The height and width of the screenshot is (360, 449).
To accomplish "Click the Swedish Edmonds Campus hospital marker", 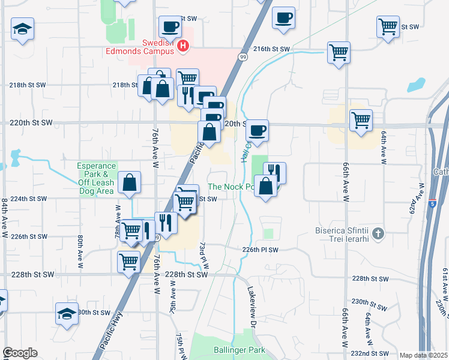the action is tap(185, 46).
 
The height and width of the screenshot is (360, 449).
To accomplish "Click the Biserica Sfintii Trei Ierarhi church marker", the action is tap(378, 233).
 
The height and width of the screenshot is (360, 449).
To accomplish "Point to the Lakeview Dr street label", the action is tap(252, 305).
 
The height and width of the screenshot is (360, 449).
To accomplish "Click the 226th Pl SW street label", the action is tap(261, 250).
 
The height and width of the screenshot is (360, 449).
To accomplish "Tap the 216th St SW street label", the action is tap(271, 49).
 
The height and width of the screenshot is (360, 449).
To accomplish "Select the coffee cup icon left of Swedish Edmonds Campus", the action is tap(170, 26).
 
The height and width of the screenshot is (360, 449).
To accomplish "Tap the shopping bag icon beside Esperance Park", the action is tap(129, 183).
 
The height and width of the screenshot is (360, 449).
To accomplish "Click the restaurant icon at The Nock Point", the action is tap(274, 172).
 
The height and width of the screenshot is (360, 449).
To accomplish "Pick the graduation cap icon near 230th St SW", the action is tap(67, 313).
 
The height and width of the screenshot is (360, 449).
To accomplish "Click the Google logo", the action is tap(20, 353).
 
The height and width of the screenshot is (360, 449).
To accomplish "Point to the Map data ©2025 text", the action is tap(423, 355).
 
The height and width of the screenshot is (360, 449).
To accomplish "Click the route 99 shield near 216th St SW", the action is tap(243, 57).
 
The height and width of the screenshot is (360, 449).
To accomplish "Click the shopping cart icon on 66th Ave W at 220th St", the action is tap(361, 120).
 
